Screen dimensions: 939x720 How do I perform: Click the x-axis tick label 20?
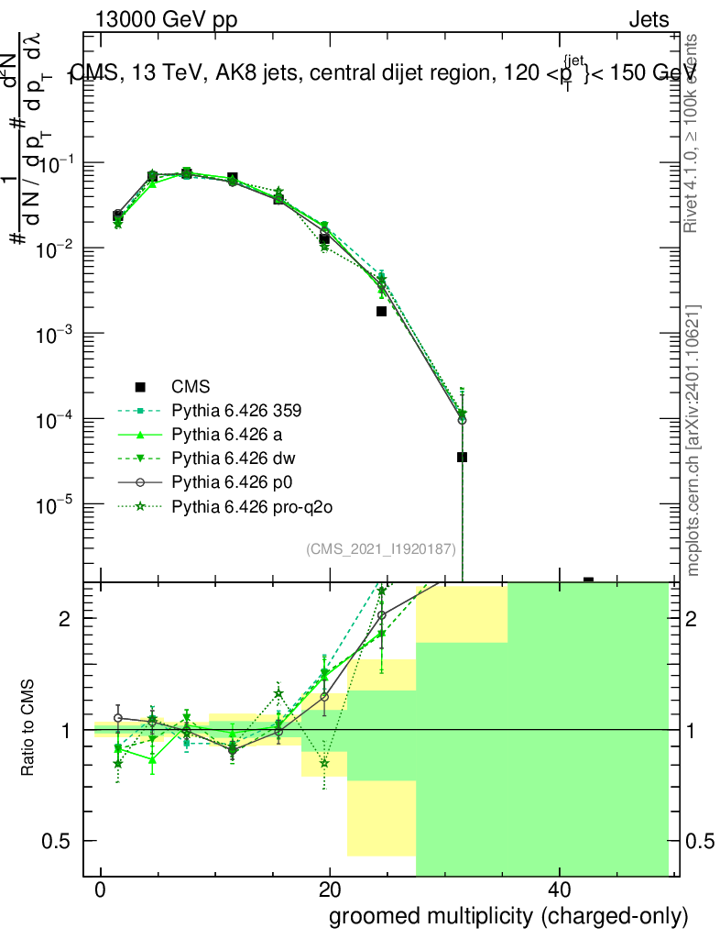[330, 890]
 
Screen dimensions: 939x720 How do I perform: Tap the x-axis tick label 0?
[100, 890]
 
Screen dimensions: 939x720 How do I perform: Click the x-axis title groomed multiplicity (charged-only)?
[507, 915]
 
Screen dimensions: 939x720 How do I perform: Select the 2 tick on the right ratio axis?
[699, 619]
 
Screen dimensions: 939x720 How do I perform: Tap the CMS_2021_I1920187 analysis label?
[381, 548]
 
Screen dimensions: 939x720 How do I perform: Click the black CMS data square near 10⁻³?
[381, 311]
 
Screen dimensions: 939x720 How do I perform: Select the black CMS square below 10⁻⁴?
[462, 457]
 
